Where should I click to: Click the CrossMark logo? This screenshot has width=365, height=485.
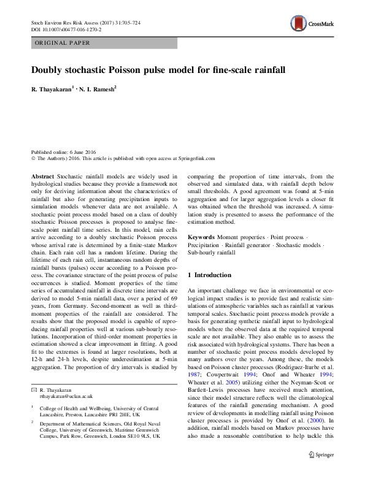[313, 25]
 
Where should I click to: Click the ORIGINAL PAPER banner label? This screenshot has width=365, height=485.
[62, 43]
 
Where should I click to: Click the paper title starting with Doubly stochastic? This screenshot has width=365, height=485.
[159, 70]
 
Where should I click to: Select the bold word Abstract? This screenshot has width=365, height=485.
[43, 175]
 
